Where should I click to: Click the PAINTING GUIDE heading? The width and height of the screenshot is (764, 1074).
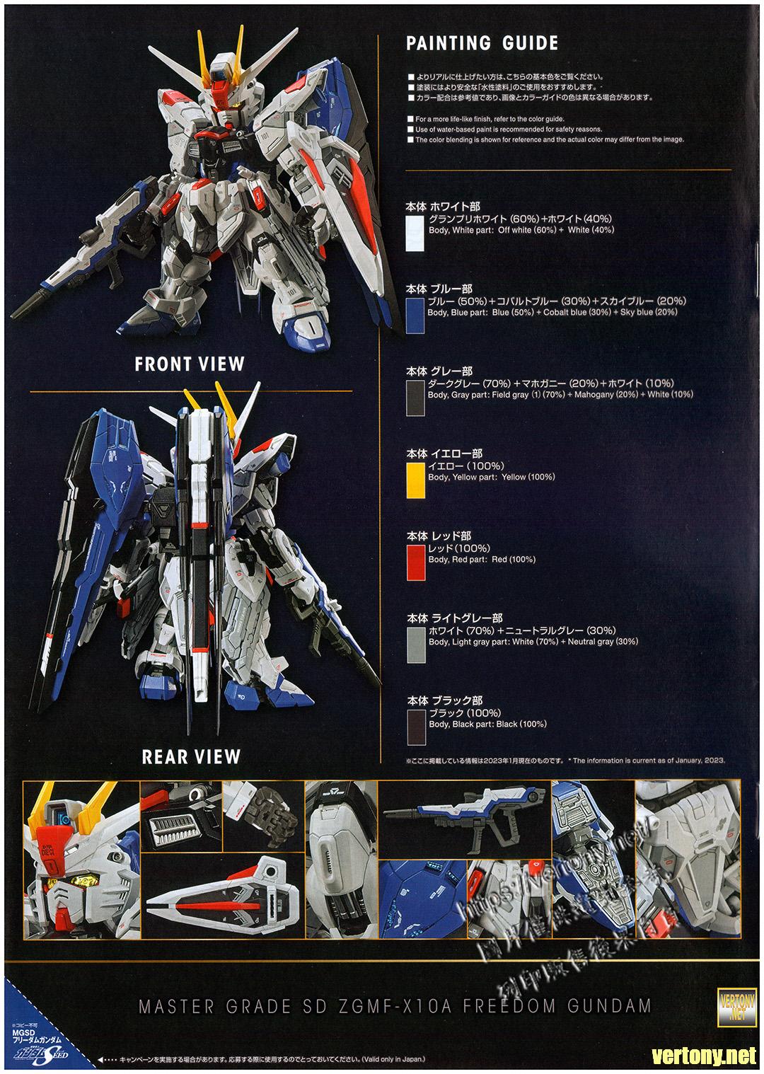click(x=482, y=43)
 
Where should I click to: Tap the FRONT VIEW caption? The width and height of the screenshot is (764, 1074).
click(x=190, y=364)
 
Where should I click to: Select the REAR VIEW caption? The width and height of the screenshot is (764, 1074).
click(x=191, y=757)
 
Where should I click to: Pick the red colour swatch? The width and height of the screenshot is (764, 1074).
click(x=416, y=562)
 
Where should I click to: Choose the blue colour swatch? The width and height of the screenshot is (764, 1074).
click(x=415, y=316)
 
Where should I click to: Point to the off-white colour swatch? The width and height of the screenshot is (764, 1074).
click(x=415, y=233)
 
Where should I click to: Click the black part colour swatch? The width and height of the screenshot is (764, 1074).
click(x=417, y=727)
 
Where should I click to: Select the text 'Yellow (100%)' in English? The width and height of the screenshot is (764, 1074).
click(x=528, y=478)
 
